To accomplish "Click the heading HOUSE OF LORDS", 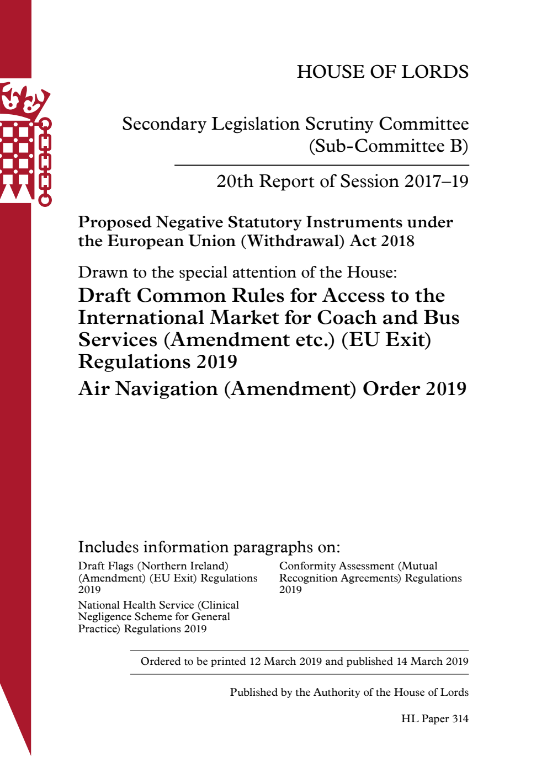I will coord(383,72).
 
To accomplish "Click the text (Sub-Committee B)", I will coord(389,146).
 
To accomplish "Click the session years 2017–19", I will coord(436,182).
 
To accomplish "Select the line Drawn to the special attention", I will coord(237,273).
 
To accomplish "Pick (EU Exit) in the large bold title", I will coord(386,340).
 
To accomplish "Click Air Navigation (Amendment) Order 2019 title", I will coord(272,389).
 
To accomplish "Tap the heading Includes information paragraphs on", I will coord(209,547).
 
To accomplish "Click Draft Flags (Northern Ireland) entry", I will coord(153,566).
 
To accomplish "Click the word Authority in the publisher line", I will coord(337,692).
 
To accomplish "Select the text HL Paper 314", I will coord(434,719).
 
